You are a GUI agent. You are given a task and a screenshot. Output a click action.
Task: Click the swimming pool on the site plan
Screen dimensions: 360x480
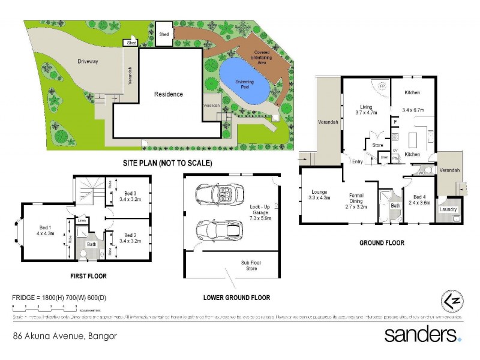243,83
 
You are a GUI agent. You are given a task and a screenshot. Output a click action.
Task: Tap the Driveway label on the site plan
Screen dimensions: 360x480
88,61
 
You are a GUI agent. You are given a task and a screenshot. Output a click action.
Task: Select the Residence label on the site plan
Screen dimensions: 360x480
169,94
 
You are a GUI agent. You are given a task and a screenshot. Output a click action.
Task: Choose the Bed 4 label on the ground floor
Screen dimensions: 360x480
422,196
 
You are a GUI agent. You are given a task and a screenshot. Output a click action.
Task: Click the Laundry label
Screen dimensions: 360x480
449,209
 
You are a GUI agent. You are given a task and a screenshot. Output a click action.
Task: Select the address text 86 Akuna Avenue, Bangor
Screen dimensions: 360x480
64,335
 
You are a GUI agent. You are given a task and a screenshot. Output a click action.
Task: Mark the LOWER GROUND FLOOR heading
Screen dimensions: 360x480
236,298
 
